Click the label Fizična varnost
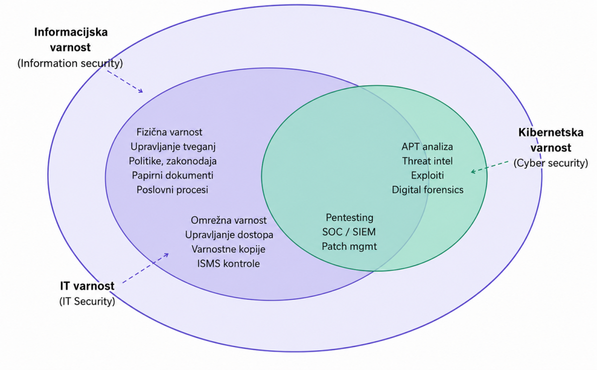click(169, 132)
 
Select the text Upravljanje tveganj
click(173, 147)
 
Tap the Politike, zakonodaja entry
click(173, 161)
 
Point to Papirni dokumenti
click(173, 175)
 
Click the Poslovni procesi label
click(172, 190)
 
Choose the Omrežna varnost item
click(229, 220)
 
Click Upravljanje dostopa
click(229, 235)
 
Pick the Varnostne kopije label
click(228, 249)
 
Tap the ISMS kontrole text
click(228, 264)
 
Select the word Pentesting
click(349, 218)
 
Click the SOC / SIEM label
click(349, 232)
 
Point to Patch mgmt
click(349, 246)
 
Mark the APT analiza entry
click(427, 147)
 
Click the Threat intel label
click(427, 161)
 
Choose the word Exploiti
click(427, 175)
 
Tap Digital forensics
click(427, 190)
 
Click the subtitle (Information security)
click(70, 63)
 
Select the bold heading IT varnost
click(87, 286)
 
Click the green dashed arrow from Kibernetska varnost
click(490, 167)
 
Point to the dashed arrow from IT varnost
click(145, 268)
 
